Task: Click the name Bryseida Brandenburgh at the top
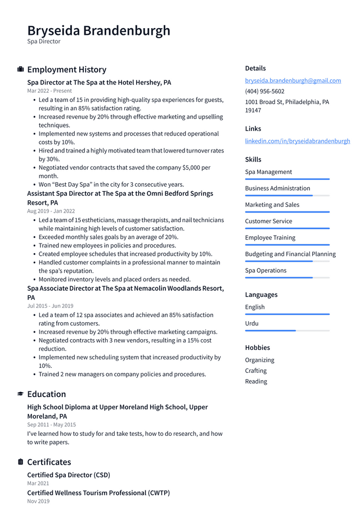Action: (98, 30)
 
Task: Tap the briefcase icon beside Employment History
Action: (21, 69)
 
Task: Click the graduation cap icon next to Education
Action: (21, 394)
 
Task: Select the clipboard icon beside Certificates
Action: (21, 462)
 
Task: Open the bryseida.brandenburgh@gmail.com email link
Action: (292, 80)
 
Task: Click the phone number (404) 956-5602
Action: (264, 91)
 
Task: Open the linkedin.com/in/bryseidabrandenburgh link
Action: (297, 141)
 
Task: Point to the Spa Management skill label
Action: (268, 172)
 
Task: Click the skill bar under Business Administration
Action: (287, 196)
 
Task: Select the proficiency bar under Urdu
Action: (287, 331)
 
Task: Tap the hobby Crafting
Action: (256, 371)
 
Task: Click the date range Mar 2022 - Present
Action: (49, 91)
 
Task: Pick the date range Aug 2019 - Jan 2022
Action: (51, 211)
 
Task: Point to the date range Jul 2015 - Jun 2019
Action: (50, 306)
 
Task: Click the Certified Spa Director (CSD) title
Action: (69, 475)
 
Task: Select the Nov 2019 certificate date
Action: (38, 501)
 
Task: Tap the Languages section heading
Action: (261, 295)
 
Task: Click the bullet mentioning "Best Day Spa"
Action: (111, 184)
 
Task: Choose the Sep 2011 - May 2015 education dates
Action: (51, 425)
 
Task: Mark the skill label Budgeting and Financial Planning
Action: (290, 254)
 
